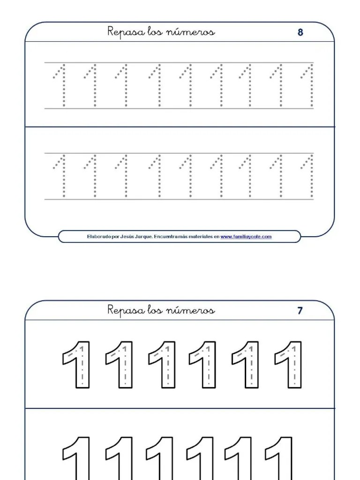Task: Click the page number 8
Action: pos(300,32)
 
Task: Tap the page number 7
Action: pos(300,310)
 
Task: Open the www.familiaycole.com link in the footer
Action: pos(246,237)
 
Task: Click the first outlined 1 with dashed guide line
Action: pos(76,364)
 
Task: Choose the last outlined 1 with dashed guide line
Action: pos(289,364)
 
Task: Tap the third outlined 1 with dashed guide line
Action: pos(162,364)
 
